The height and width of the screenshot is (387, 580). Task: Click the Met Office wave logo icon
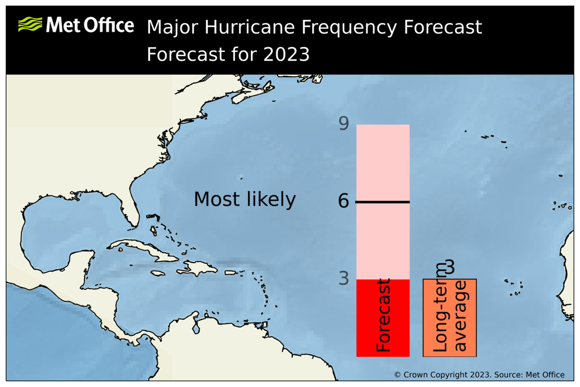(30, 24)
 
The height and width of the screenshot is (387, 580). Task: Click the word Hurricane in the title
(248, 27)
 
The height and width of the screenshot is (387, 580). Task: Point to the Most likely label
(244, 200)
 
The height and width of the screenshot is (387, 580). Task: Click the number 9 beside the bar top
(343, 123)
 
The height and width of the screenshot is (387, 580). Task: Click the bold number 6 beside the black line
(343, 201)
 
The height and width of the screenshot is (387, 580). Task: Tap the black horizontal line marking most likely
(382, 202)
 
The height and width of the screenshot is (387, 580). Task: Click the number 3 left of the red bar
(343, 278)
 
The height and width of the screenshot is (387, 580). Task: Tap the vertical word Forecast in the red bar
(383, 316)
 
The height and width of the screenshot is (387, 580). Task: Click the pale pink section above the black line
(382, 161)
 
